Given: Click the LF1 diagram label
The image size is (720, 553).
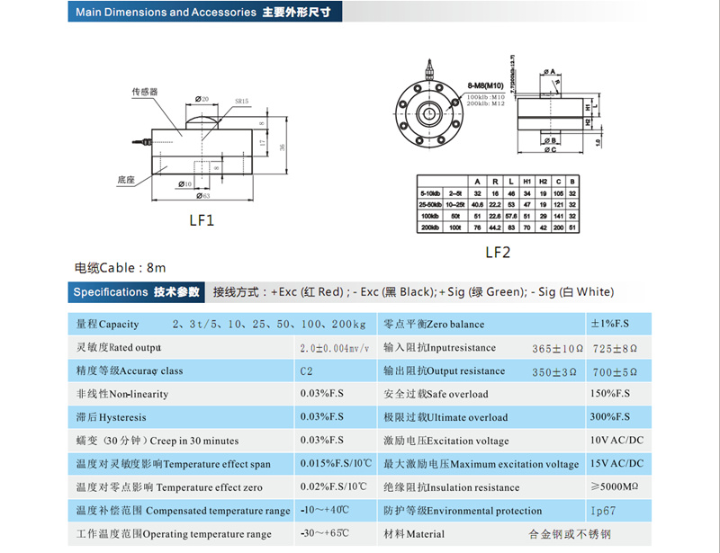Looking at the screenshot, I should coord(202,219).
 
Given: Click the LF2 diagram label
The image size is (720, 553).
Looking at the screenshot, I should coord(498,253).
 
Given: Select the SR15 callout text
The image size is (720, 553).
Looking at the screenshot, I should coord(241,102).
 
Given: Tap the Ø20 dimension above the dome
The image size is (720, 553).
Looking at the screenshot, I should coord(201,99).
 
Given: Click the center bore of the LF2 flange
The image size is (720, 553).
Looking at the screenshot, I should coord(430,113).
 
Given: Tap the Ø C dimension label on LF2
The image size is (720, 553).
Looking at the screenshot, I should coord(548,150).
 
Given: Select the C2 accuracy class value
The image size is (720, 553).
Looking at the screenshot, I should coord(307,370).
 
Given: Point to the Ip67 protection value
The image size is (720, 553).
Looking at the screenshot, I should coord(603,511).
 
